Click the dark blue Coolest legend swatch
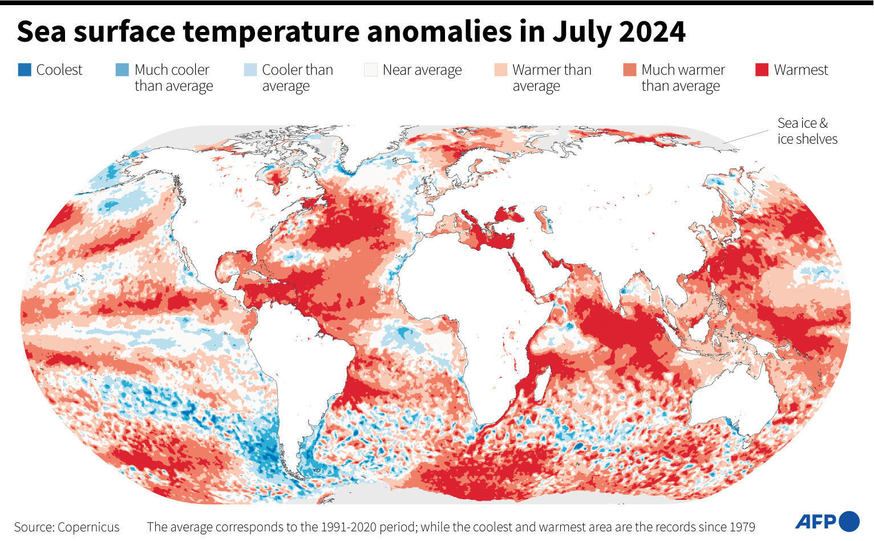[x=25, y=70]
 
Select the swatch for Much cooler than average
[x=122, y=70]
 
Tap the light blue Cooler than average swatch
[x=250, y=70]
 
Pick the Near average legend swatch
[x=371, y=70]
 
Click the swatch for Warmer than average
[x=500, y=70]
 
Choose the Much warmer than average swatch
[x=630, y=70]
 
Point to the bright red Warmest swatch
[x=762, y=70]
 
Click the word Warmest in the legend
[x=800, y=70]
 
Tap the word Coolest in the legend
[x=59, y=70]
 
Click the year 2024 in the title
[x=652, y=32]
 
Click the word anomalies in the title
[x=439, y=32]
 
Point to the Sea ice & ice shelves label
[x=807, y=131]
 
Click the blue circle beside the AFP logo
[x=849, y=521]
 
